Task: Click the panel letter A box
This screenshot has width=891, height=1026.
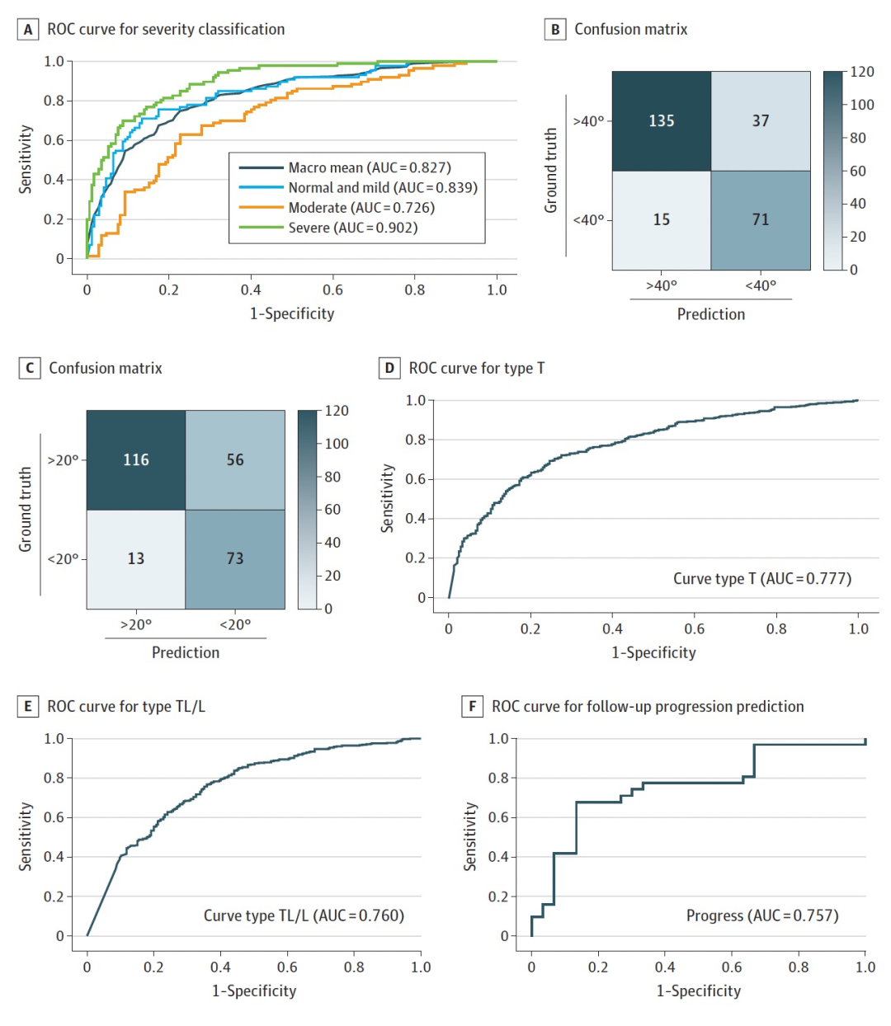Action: [28, 30]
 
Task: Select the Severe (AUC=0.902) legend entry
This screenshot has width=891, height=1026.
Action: [352, 228]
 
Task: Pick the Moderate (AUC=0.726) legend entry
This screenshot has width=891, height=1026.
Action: [361, 208]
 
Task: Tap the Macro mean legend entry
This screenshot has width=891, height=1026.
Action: [369, 167]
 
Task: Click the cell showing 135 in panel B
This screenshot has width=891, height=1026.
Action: [662, 121]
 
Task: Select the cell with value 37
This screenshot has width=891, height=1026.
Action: [761, 121]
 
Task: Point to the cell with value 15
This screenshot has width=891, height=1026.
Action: [662, 220]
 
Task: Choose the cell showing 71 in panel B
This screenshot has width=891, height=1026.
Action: [761, 220]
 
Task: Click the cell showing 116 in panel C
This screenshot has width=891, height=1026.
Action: [136, 460]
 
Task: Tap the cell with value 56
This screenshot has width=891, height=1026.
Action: [235, 460]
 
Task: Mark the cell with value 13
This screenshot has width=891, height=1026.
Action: [136, 559]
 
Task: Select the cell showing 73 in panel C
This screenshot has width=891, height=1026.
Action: [235, 559]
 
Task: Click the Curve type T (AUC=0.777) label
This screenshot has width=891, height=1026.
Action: [762, 579]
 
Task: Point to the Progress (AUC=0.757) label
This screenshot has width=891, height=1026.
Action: [762, 915]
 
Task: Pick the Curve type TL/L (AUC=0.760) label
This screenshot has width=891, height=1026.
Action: [304, 915]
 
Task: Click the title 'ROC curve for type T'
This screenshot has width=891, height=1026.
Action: [476, 369]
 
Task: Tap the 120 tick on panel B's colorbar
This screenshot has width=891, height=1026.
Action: [862, 72]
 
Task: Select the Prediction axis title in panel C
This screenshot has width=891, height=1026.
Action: [186, 652]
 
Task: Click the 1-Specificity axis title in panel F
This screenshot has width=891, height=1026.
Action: [698, 991]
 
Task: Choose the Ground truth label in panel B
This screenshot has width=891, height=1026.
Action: [551, 171]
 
